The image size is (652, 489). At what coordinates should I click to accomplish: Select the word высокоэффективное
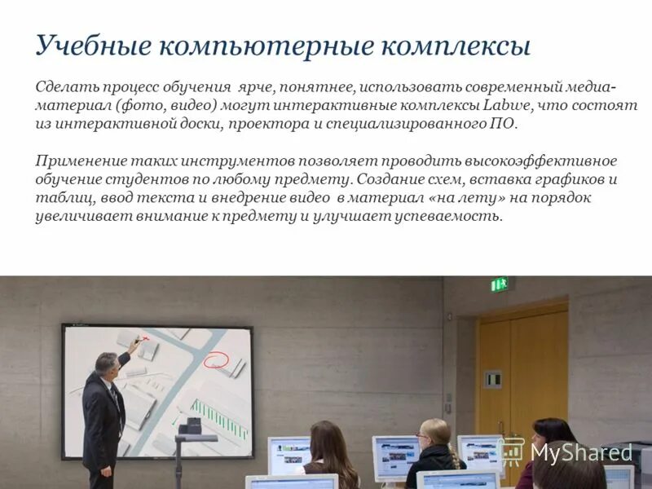(x=542, y=161)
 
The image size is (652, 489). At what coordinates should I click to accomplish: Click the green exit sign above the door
(x=499, y=284)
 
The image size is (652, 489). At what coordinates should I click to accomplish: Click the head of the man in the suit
(x=107, y=363)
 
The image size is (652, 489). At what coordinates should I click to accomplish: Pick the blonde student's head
(x=436, y=433)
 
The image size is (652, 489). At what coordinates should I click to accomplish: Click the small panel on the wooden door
(x=492, y=379)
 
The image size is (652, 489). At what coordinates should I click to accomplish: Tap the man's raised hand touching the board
(x=135, y=346)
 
